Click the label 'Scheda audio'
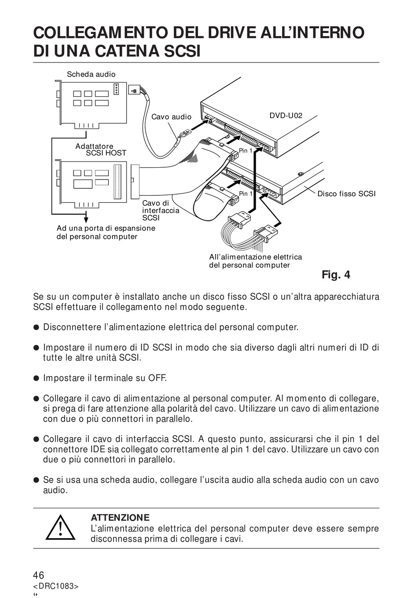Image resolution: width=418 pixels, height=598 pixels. tap(91, 74)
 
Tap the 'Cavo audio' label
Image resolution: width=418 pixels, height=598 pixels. tap(171, 117)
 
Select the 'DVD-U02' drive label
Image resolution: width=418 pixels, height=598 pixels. tap(286, 116)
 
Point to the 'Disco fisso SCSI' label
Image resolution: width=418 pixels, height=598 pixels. tap(346, 194)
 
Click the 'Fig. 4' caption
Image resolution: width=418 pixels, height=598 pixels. tap(336, 275)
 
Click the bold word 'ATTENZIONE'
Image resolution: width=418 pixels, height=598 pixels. tap(120, 517)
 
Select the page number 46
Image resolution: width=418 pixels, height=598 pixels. tap(39, 575)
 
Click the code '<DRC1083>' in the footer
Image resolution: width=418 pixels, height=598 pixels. tap(55, 586)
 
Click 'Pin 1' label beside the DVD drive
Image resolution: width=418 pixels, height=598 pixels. tap(246, 151)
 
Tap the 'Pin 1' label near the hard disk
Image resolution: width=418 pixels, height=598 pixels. tap(246, 194)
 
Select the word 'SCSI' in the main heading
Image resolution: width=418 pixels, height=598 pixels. tap(182, 51)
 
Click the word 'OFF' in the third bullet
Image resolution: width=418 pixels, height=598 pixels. tap(157, 378)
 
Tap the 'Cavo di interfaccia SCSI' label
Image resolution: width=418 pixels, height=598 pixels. tap(160, 210)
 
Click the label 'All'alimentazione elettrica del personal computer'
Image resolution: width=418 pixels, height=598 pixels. tap(255, 261)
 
